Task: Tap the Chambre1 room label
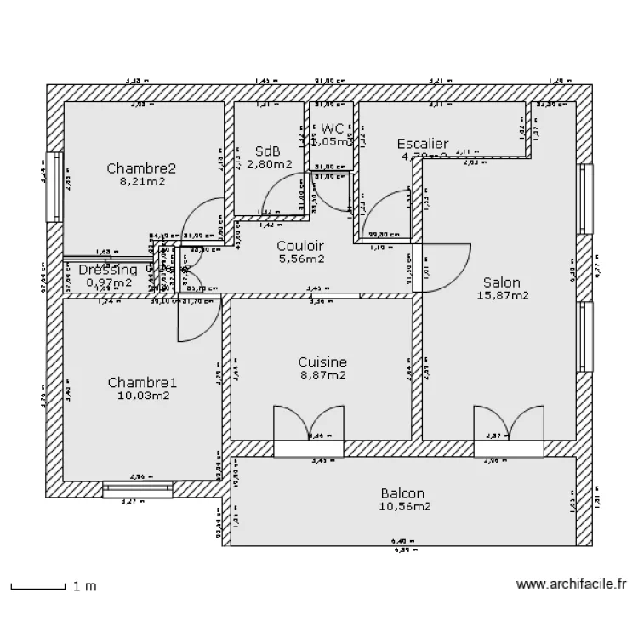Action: pyautogui.click(x=142, y=382)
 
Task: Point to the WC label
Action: pyautogui.click(x=332, y=128)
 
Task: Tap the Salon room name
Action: pyautogui.click(x=502, y=282)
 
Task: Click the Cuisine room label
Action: pyautogui.click(x=322, y=362)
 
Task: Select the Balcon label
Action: pyautogui.click(x=402, y=493)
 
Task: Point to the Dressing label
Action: pyautogui.click(x=108, y=270)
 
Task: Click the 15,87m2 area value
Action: pyautogui.click(x=502, y=296)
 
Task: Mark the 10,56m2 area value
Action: pyautogui.click(x=404, y=506)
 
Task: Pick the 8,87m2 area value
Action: pyautogui.click(x=322, y=375)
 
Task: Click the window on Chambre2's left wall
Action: pyautogui.click(x=55, y=186)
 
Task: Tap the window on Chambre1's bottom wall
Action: pyautogui.click(x=138, y=489)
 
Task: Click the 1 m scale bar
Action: pyautogui.click(x=38, y=586)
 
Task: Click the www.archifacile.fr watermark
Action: pyautogui.click(x=571, y=585)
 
